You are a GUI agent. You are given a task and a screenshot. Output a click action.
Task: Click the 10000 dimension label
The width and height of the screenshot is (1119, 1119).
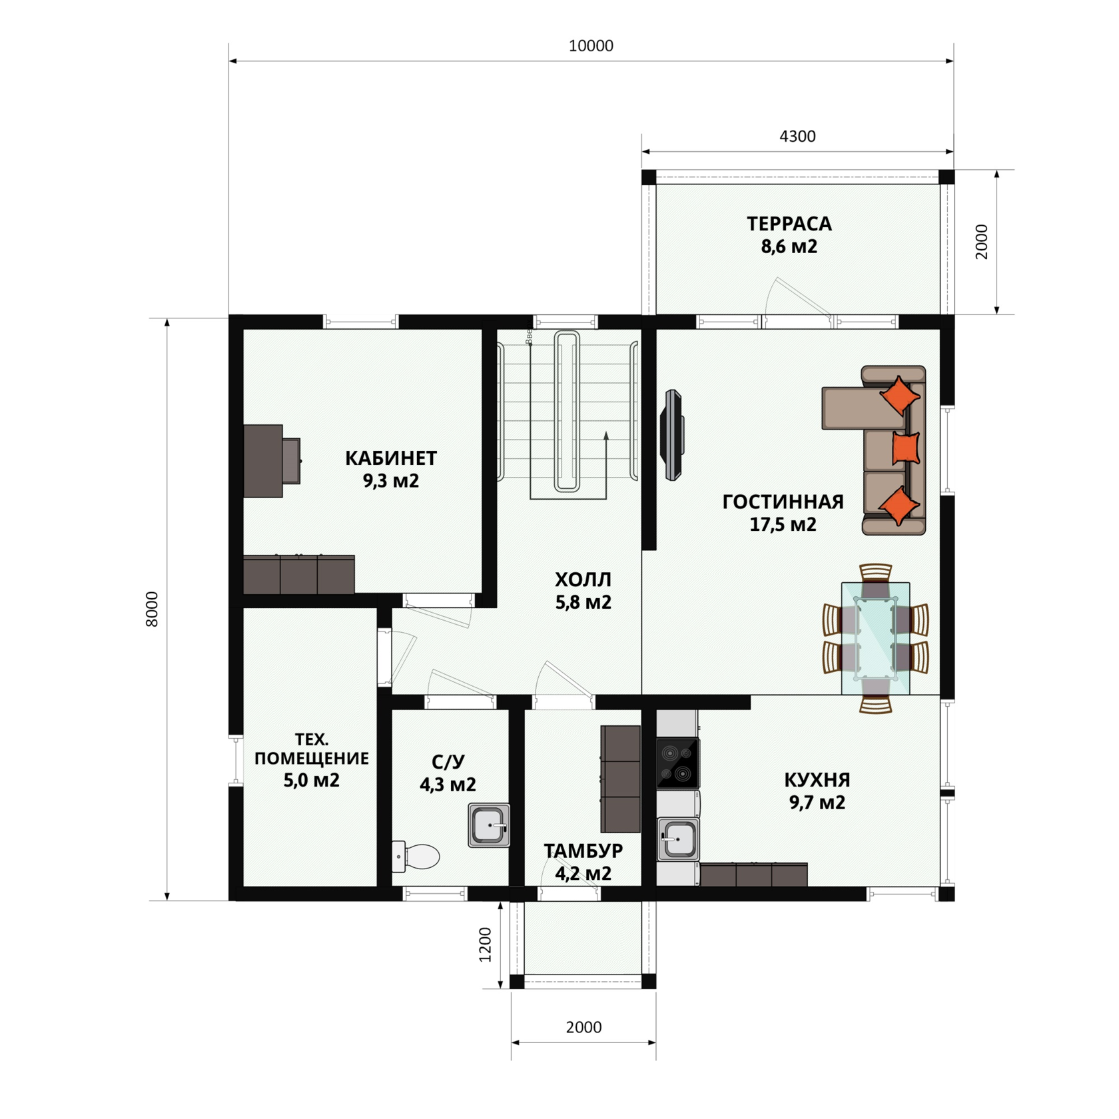point(591,46)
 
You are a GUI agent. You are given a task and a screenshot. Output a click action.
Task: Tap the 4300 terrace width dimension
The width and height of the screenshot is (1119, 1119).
point(797,137)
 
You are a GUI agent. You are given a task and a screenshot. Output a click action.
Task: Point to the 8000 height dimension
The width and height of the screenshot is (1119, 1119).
point(153,609)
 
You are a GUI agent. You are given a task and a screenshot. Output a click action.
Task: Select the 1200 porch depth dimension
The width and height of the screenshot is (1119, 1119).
point(486,944)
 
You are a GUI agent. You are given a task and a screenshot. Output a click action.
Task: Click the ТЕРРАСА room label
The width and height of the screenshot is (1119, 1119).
point(789,224)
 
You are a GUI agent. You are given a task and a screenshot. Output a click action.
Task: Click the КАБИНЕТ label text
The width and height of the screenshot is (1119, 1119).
point(391,458)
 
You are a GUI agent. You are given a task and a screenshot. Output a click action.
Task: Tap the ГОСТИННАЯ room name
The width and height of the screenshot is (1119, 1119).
point(783,502)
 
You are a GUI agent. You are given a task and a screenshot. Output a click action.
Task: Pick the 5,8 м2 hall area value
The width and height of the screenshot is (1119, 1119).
point(583,602)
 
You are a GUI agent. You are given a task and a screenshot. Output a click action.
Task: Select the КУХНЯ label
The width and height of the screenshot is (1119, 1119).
point(817,780)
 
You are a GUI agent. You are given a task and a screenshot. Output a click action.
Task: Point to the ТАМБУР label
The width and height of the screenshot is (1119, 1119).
point(583,851)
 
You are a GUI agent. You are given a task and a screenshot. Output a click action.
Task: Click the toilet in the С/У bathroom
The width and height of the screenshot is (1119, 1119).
point(416,857)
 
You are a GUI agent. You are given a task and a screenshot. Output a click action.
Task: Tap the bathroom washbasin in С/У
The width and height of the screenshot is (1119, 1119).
point(489,825)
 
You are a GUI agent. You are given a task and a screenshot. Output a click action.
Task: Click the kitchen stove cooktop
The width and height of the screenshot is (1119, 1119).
point(678,763)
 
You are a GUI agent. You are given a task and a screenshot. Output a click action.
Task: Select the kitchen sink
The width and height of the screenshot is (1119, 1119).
point(678,839)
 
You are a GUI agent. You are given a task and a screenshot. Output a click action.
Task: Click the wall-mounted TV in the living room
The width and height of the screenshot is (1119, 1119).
point(672,435)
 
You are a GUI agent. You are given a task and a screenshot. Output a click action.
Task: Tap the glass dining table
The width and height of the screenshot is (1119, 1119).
point(875,638)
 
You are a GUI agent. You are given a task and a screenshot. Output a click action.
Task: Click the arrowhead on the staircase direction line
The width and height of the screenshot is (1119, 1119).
point(606,436)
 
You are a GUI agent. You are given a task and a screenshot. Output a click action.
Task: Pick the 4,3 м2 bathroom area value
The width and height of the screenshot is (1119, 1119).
point(448,785)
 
